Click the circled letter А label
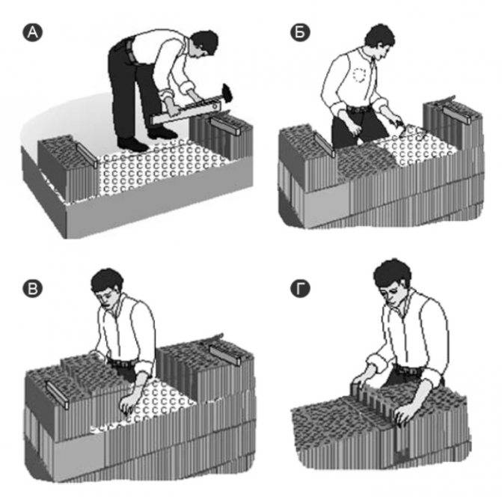pos(32,33)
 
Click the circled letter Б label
pos(300,33)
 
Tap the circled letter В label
pos(32,289)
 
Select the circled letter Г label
pos(300,289)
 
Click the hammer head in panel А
pos(227,92)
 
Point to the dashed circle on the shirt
pos(360,75)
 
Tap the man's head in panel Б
pos(380,39)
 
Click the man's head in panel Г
pos(393,279)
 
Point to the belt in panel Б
pos(361,109)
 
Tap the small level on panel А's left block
pos(87,155)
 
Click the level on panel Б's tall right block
pos(457,115)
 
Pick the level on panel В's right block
pos(225,355)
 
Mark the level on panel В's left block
pos(58,395)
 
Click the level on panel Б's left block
pos(325,145)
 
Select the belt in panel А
pos(129,50)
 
